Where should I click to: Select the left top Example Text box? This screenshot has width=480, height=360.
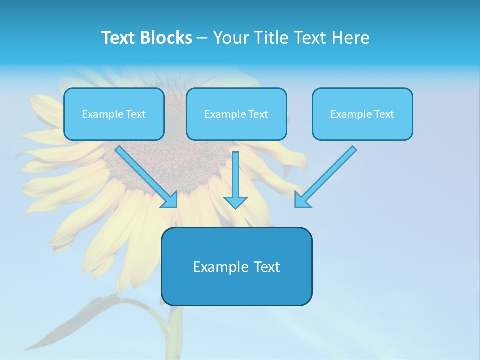(x=114, y=114)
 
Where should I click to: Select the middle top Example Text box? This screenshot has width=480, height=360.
(x=236, y=114)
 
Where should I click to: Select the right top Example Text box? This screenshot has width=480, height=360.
(x=362, y=114)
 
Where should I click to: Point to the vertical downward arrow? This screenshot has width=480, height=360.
(x=235, y=175)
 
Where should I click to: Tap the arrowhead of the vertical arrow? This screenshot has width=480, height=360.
(x=235, y=202)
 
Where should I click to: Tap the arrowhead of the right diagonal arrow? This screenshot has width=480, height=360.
(x=301, y=200)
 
